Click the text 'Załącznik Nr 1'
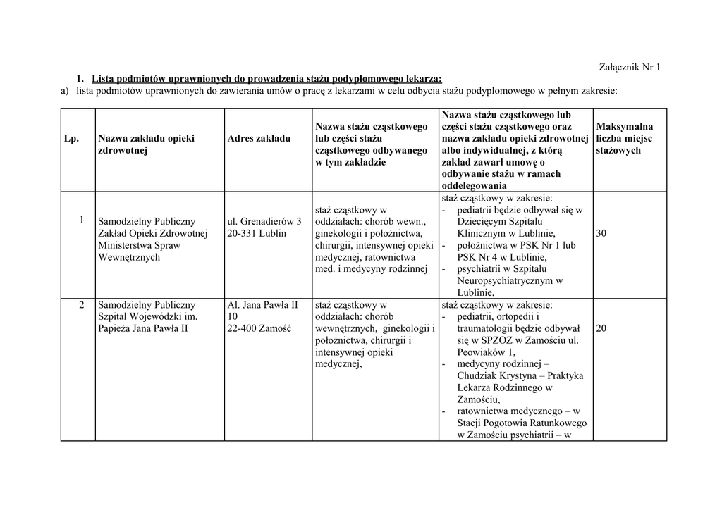pyautogui.click(x=628, y=68)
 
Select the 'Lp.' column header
pyautogui.click(x=71, y=139)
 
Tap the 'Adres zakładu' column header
pyautogui.click(x=259, y=139)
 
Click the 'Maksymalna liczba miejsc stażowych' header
pyautogui.click(x=624, y=139)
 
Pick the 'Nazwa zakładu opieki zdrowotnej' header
pyautogui.click(x=147, y=144)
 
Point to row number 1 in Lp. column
pyautogui.click(x=82, y=220)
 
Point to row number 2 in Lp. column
pyautogui.click(x=82, y=305)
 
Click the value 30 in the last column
pyautogui.click(x=601, y=233)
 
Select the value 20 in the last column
pyautogui.click(x=601, y=328)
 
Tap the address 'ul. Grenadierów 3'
pyautogui.click(x=264, y=221)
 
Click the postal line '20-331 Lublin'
pyautogui.click(x=257, y=233)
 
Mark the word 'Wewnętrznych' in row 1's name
pyautogui.click(x=129, y=257)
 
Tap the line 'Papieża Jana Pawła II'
pyautogui.click(x=143, y=329)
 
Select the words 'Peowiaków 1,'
pyautogui.click(x=486, y=352)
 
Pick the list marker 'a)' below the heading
pyautogui.click(x=65, y=90)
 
